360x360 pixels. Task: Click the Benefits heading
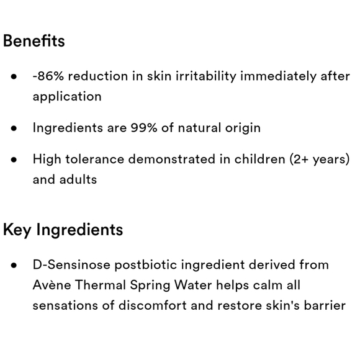(34, 42)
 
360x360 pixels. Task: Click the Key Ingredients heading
(63, 230)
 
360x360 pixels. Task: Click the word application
(67, 97)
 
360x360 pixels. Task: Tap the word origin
(243, 128)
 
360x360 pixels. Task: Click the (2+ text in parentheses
(301, 159)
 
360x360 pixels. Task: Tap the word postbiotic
(142, 265)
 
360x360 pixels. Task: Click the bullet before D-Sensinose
(14, 265)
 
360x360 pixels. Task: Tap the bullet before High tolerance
(14, 160)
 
